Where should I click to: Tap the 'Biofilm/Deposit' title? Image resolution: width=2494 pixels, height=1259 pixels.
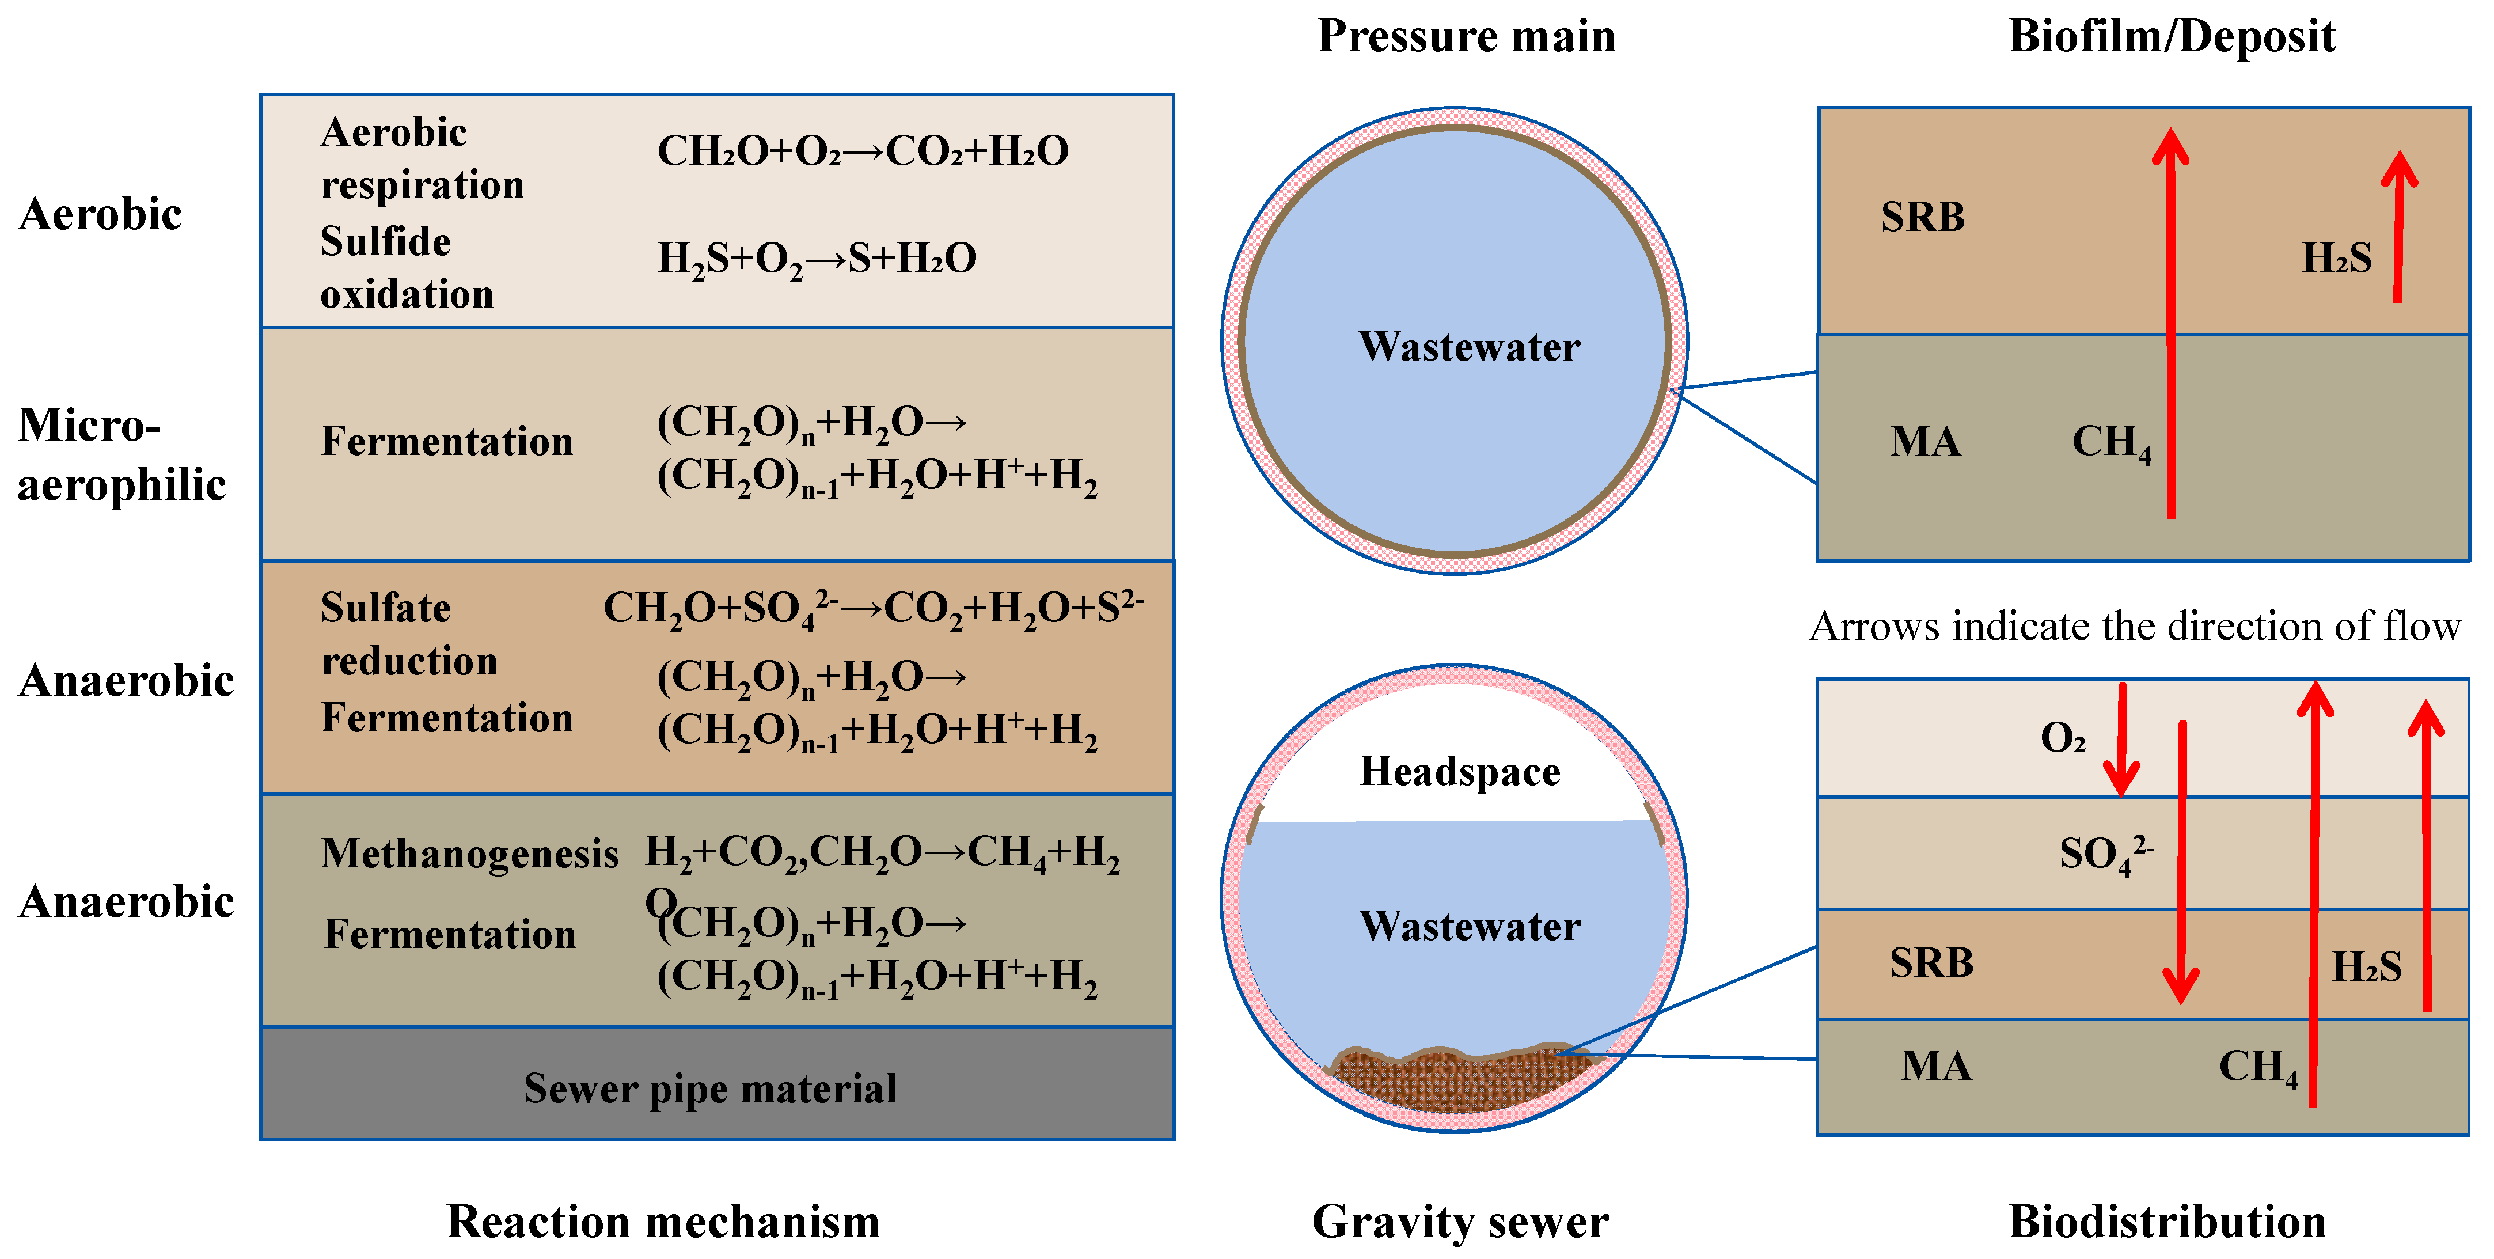[2172, 37]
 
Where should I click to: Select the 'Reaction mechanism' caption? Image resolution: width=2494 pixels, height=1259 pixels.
[663, 1221]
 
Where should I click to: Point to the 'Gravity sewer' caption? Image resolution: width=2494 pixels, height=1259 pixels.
[1460, 1221]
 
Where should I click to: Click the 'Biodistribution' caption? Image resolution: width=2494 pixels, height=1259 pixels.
[2167, 1221]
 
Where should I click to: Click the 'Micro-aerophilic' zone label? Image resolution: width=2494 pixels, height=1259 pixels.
[121, 454]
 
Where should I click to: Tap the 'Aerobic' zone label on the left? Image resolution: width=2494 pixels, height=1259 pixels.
[100, 214]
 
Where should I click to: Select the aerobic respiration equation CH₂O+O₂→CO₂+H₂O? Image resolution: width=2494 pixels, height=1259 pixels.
[863, 151]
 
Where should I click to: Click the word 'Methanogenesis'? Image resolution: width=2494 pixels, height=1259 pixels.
[469, 853]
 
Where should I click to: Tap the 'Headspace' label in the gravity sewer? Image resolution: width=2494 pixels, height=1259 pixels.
[1460, 772]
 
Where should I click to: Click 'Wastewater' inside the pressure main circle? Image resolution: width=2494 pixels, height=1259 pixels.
[1469, 347]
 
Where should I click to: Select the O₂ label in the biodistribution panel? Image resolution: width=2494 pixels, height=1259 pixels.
[2062, 738]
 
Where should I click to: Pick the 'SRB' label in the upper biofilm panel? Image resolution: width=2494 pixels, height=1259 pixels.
[1923, 217]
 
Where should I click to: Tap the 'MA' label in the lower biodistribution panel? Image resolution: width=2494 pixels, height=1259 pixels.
[1935, 1065]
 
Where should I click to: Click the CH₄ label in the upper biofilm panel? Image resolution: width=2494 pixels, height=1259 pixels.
[2110, 442]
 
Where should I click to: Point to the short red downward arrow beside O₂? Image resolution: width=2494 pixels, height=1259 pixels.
[2121, 741]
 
